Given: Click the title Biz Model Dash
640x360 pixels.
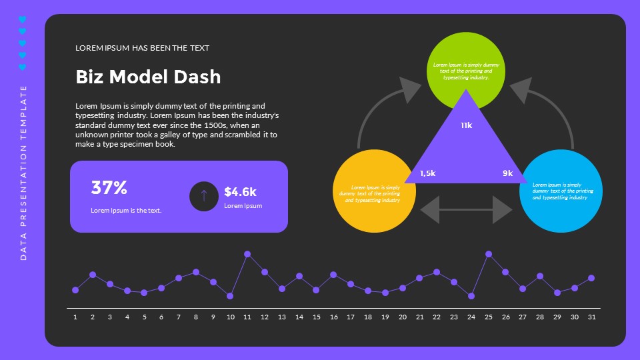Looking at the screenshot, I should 148,77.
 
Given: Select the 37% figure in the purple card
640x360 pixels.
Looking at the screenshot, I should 109,188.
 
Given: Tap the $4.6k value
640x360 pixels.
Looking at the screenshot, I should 240,192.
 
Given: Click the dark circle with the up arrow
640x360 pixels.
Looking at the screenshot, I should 204,196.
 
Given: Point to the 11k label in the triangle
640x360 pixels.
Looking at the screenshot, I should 466,125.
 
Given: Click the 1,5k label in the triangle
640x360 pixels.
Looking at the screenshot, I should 427,173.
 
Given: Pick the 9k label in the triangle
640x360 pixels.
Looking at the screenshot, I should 507,173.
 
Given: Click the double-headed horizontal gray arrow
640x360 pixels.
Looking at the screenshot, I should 467,210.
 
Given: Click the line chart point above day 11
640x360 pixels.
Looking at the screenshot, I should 247,254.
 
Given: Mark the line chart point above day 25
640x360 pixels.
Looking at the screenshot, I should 489,254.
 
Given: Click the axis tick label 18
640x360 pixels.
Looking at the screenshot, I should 368,317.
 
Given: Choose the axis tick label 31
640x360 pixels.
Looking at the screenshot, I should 591,317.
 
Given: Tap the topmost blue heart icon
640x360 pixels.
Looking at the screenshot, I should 22,19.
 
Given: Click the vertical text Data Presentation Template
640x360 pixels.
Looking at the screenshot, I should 23,172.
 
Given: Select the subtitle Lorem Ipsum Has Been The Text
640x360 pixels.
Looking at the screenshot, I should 142,48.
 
